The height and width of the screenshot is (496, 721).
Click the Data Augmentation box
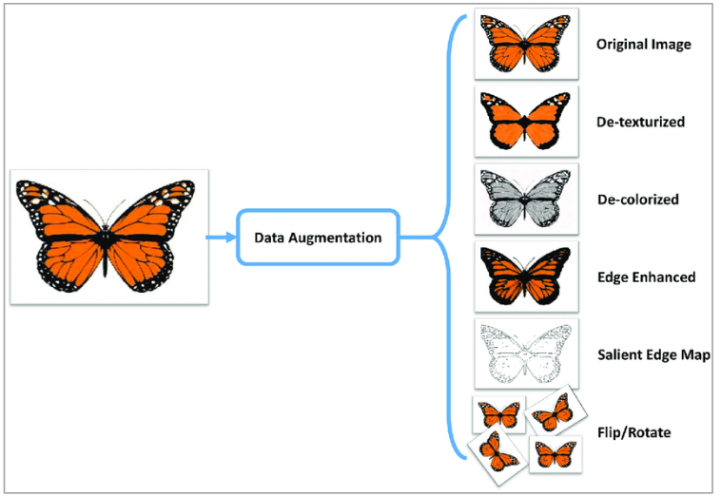[x=318, y=237]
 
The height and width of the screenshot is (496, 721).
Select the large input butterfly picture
[x=109, y=238]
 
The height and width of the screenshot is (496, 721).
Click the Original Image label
[x=643, y=45]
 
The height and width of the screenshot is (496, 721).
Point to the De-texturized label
[x=640, y=123]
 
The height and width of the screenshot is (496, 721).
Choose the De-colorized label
[x=636, y=200]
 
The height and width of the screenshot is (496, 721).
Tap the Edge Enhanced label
[x=646, y=277]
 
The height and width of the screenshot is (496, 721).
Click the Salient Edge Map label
[x=654, y=355]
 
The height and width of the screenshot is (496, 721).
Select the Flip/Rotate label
[x=633, y=432]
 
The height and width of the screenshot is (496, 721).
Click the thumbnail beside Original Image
[x=526, y=45]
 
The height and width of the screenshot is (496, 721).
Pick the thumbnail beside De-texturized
[x=526, y=123]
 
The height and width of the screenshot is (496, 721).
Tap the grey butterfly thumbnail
[x=526, y=200]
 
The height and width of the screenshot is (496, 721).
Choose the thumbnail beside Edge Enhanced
[x=526, y=277]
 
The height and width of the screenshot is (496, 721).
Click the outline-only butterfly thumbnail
[x=526, y=353]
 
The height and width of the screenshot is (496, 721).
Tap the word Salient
[x=618, y=355]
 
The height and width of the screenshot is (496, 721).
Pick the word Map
[x=699, y=355]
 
